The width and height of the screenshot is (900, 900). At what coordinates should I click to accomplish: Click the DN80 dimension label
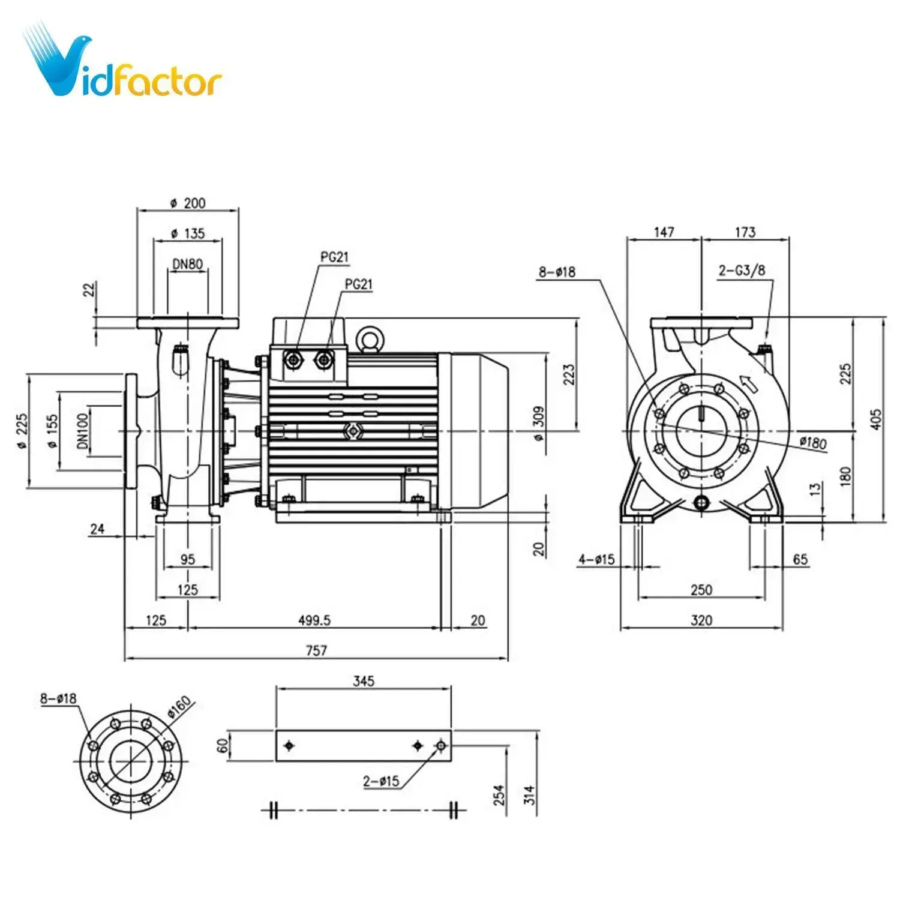click(188, 263)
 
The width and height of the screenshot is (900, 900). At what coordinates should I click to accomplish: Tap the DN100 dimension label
click(82, 431)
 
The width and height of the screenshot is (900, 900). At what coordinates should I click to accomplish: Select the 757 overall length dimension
click(316, 650)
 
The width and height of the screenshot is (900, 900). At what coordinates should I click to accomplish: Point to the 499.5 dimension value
click(314, 620)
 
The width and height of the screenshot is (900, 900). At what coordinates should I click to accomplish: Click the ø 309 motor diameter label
click(538, 423)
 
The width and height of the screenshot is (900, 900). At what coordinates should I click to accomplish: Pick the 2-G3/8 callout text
click(742, 270)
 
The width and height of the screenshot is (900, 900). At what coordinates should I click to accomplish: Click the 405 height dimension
click(876, 418)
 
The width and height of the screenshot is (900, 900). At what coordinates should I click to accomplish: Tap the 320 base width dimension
click(701, 620)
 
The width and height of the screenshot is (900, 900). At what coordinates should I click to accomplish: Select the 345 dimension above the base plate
click(364, 681)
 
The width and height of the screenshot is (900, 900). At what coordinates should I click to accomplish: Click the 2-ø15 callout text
click(381, 781)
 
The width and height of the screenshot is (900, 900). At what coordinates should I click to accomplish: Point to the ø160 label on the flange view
click(179, 706)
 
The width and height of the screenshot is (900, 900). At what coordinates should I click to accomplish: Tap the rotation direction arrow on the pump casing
click(747, 382)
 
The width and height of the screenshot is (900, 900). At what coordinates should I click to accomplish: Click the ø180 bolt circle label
click(813, 443)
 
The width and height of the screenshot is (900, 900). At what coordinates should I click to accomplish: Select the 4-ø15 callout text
click(596, 559)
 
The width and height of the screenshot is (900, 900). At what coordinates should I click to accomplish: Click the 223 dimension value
click(568, 374)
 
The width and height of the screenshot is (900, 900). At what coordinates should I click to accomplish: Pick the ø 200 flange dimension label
click(188, 203)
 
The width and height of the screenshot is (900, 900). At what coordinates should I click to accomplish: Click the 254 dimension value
click(499, 795)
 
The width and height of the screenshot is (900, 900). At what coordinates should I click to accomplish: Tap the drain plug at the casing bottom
click(701, 502)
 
